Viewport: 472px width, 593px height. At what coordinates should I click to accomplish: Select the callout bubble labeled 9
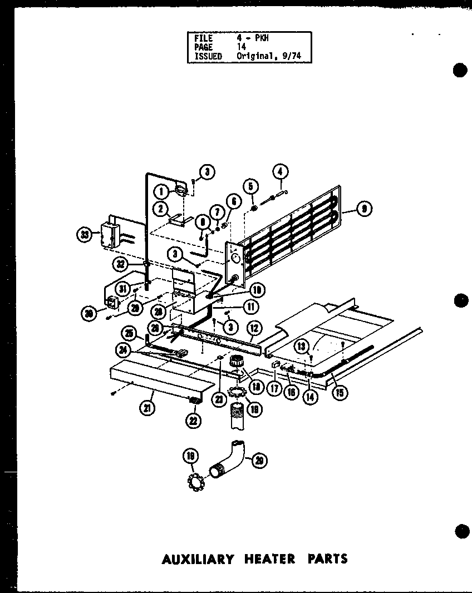363,209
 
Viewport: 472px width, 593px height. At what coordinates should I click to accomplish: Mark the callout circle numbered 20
259,459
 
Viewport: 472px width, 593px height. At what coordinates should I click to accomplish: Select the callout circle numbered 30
87,314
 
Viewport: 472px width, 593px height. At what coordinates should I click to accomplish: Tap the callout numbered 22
193,421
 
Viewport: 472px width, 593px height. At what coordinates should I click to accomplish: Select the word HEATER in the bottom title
269,559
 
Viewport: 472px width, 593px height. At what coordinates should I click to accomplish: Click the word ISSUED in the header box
208,56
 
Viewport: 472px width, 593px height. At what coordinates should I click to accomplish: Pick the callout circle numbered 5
251,188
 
